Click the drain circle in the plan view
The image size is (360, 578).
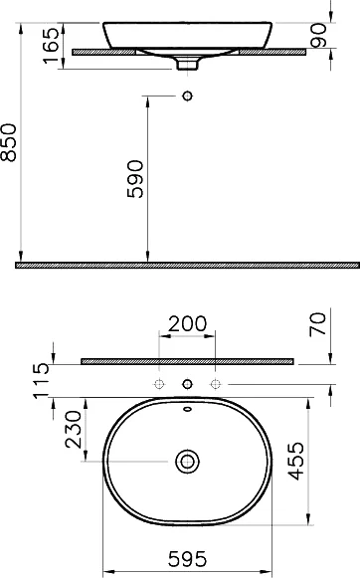point(186,462)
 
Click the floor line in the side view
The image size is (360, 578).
point(189,266)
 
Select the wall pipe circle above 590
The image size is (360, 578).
point(186,96)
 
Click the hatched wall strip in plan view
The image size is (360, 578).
point(187,360)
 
